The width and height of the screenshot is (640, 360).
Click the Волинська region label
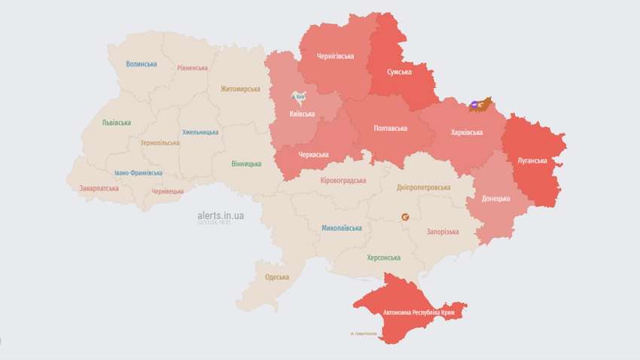coord(142,64)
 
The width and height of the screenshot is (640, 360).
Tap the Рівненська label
coord(193,68)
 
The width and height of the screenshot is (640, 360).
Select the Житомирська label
coord(240,89)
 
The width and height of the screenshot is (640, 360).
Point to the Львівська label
coord(116,123)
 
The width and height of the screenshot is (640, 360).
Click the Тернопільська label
coord(160,142)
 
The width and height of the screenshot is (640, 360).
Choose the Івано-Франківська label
coord(138,172)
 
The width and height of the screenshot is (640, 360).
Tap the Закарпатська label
coord(99,188)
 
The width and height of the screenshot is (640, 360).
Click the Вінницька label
coord(247,163)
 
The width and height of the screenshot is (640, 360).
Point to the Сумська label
coord(399,72)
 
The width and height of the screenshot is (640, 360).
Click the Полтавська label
coord(391,128)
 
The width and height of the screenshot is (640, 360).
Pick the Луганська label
coord(532,160)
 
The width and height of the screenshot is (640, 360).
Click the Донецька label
coord(495,199)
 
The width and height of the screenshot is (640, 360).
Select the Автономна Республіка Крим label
coord(424,312)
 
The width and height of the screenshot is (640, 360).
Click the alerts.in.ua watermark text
coord(221,215)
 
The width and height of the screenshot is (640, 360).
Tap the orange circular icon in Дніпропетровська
coord(405,217)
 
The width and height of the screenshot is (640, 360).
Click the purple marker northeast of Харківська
coord(474,105)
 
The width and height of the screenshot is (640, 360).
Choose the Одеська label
coord(276,277)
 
